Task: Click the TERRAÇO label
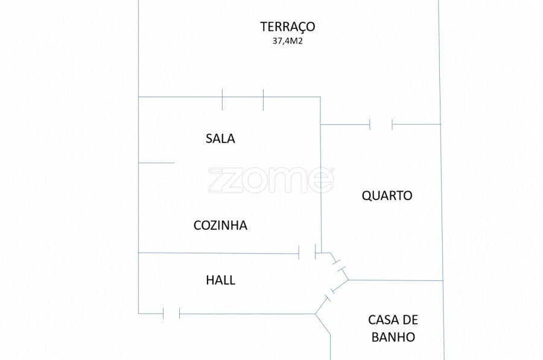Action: pos(287,27)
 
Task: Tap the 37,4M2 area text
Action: pos(287,42)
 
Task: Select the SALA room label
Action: pos(220,139)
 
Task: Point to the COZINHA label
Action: pos(220,226)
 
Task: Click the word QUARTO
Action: pos(387,196)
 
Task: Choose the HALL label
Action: pos(220,280)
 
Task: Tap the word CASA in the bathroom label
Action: pos(384,320)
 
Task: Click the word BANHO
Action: pos(393,337)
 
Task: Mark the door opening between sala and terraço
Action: pos(243,98)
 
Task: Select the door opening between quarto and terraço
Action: pos(381,125)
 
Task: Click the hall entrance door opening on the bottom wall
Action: pos(171,314)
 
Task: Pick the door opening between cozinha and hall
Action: pos(307,253)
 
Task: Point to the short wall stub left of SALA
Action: pos(156,163)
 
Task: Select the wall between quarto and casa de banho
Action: pos(395,280)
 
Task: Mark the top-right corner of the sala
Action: pos(320,97)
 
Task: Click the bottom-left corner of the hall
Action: pos(139,314)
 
